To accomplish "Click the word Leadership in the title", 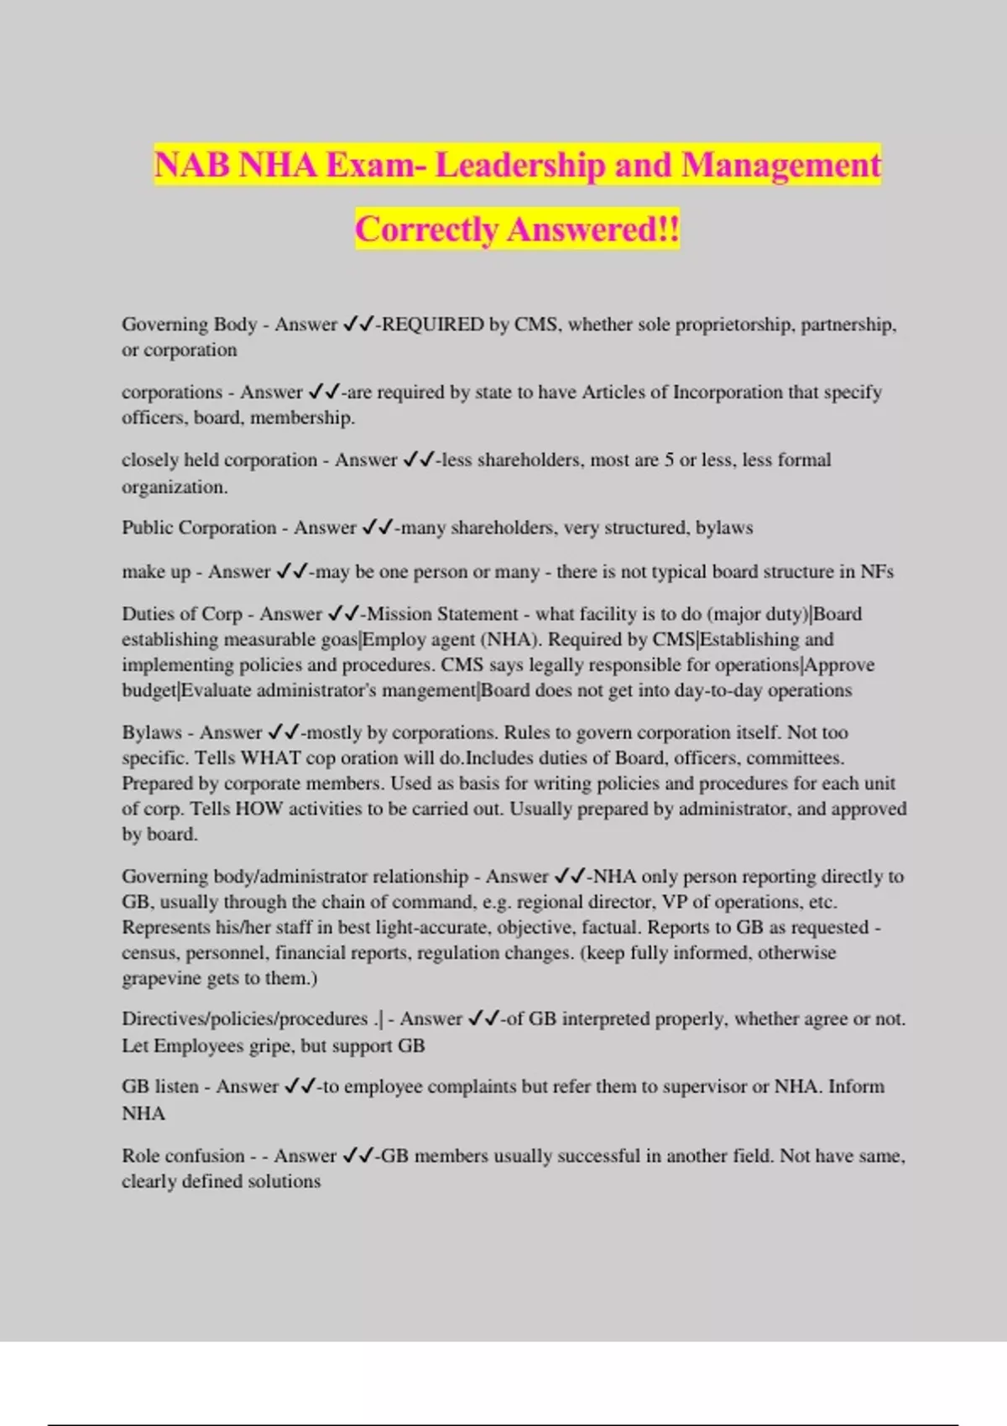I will coord(520,164).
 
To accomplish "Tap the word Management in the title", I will coord(780,164).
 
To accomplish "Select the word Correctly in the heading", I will coord(427,229).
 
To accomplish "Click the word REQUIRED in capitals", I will coord(433,325).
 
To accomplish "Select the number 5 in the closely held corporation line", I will coord(669,460).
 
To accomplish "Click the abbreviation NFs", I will coord(877,572).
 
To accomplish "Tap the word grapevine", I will coord(161,978).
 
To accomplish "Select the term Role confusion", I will coord(183,1156).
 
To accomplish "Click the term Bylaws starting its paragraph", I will coord(152,732).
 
